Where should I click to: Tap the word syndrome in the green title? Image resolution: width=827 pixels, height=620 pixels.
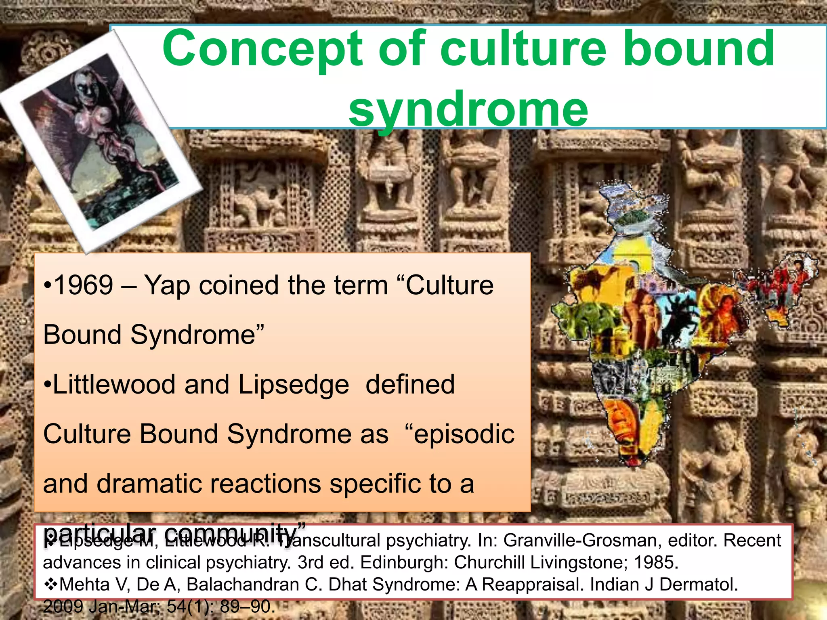point(468,109)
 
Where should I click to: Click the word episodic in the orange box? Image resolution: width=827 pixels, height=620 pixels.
point(464,434)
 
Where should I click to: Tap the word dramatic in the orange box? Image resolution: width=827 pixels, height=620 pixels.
point(156,484)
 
